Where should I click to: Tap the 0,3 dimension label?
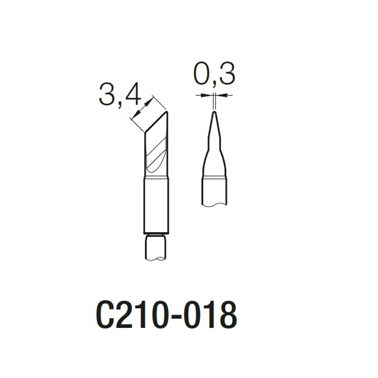click(x=214, y=74)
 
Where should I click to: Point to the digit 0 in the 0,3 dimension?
click(x=202, y=74)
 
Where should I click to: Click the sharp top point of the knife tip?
click(x=167, y=112)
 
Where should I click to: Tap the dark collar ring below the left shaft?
click(x=156, y=234)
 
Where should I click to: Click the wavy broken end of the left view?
click(x=156, y=258)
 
